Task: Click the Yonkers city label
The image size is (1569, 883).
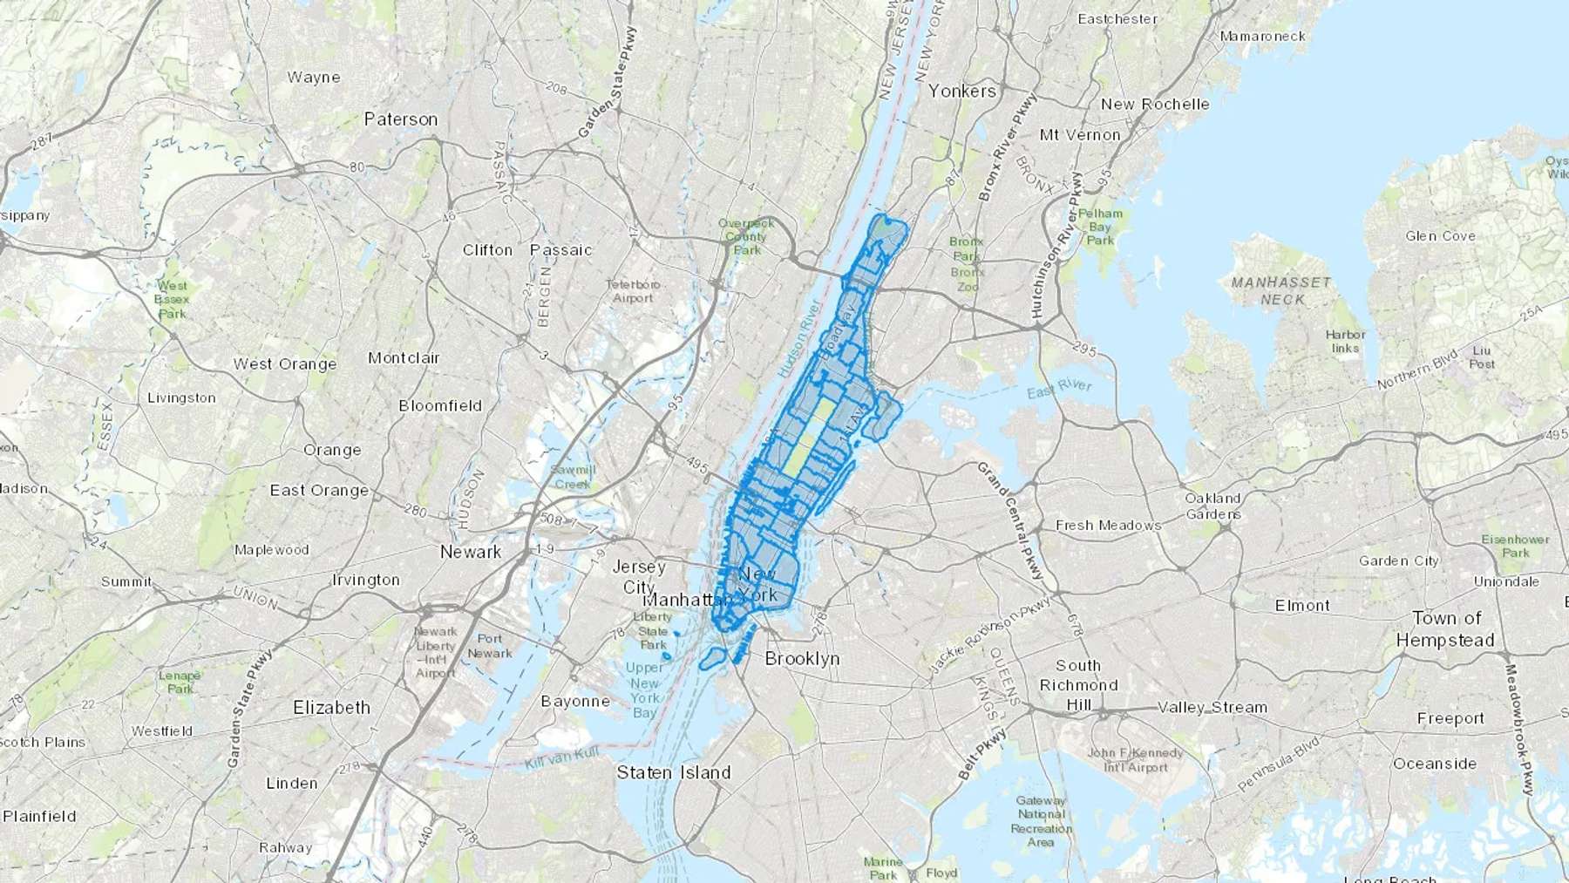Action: (961, 91)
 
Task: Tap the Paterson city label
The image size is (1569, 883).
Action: (401, 119)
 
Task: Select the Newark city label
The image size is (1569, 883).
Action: (471, 552)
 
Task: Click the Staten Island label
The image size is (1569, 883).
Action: (674, 772)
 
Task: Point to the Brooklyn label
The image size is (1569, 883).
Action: (802, 659)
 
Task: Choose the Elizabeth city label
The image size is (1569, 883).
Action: (331, 708)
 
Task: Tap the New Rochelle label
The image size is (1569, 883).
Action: (1155, 105)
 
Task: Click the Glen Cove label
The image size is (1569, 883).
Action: (1440, 236)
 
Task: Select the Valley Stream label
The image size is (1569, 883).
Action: (1212, 707)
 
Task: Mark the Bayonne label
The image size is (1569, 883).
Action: (575, 702)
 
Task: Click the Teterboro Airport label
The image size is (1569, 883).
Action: (633, 291)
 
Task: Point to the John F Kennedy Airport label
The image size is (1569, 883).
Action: (1134, 760)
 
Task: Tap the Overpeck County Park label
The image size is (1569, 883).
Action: (746, 237)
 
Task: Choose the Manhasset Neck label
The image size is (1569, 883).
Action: (1281, 291)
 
